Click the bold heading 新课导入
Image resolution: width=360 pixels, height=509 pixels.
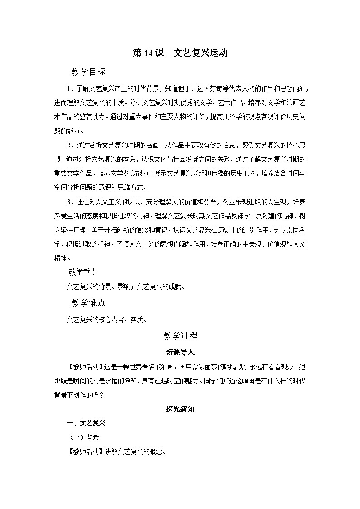[x=180, y=352]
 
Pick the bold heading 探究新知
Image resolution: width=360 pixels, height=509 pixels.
[x=180, y=408]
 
